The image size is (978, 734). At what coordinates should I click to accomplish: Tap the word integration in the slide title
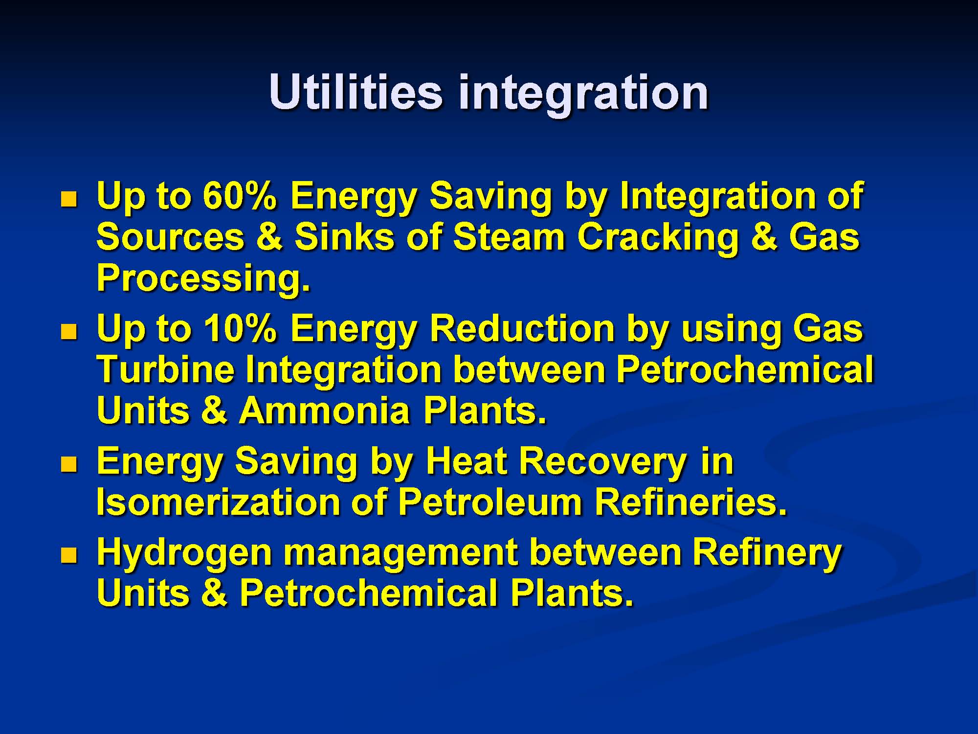pyautogui.click(x=583, y=96)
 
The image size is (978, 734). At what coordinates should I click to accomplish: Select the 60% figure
pyautogui.click(x=240, y=196)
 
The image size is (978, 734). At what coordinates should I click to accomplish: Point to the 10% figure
pyautogui.click(x=240, y=328)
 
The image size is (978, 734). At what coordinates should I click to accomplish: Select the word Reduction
pyautogui.click(x=522, y=328)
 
